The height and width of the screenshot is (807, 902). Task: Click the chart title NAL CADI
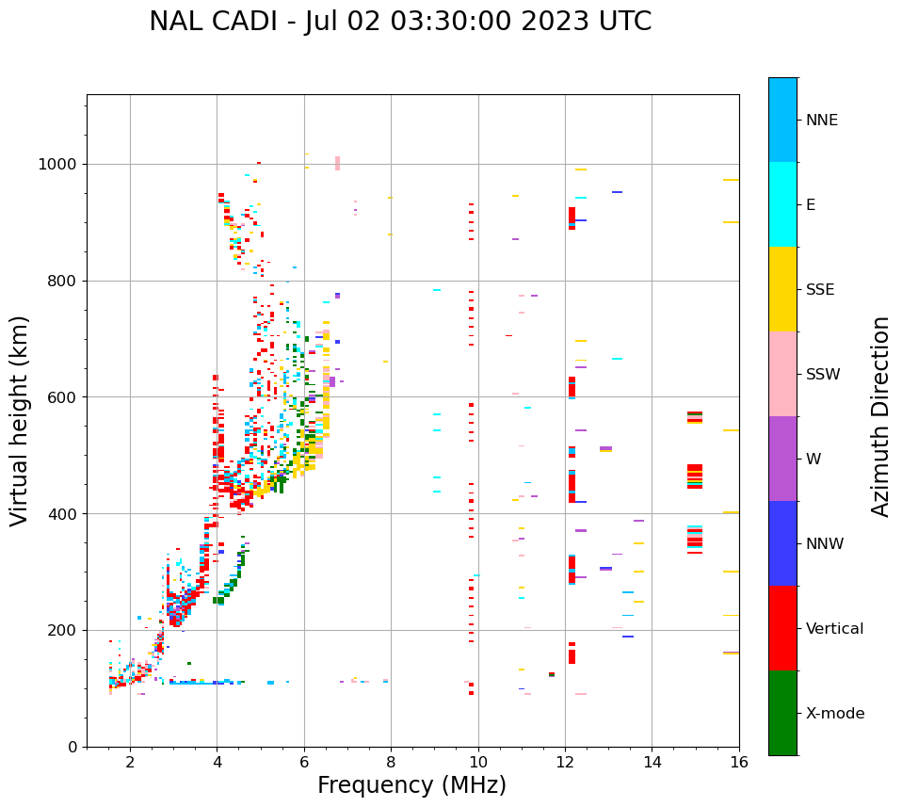399,22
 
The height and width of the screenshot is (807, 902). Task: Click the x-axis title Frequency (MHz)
411,785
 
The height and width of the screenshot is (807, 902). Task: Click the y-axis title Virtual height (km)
20,421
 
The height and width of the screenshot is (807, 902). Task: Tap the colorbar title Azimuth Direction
880,416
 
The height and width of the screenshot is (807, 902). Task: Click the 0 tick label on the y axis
72,747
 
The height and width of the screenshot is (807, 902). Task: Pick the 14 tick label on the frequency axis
652,762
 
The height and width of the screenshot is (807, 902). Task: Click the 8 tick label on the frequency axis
391,762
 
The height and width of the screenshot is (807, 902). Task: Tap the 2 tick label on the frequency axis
130,762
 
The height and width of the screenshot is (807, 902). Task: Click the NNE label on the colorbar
821,121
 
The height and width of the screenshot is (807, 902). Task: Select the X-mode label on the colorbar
834,714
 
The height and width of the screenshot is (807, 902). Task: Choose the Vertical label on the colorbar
834,629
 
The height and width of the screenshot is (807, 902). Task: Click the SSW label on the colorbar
823,375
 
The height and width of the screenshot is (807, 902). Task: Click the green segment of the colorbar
782,713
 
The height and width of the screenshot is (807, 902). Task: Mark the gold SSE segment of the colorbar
782,289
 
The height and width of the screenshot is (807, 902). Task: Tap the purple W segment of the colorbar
782,459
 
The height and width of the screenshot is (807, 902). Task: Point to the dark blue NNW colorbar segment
782,543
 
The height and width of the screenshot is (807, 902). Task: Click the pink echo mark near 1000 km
337,163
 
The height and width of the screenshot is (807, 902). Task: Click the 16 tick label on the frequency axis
738,762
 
